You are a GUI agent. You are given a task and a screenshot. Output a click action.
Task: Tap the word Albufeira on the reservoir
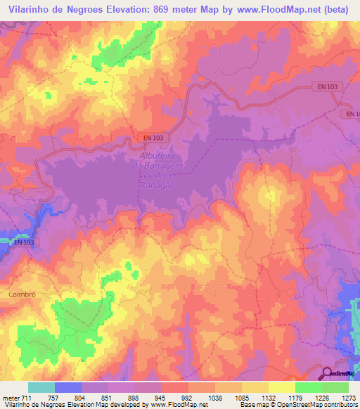point(150,155)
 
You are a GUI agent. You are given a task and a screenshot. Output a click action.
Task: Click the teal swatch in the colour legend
point(41,387)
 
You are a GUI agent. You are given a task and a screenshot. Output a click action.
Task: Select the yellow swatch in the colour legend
point(281,387)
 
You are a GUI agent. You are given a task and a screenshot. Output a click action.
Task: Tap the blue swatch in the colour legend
point(67,387)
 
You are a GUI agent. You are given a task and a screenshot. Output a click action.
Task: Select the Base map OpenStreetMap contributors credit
point(298,405)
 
